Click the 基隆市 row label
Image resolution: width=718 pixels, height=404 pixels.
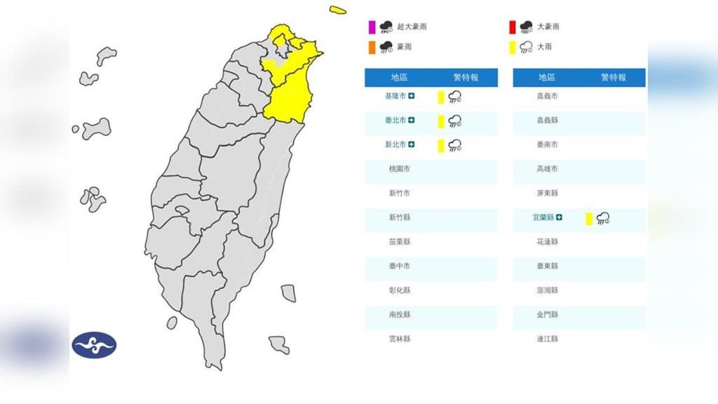[396, 96]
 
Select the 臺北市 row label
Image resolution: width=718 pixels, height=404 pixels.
[396, 121]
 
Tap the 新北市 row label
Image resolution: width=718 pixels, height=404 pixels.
[396, 144]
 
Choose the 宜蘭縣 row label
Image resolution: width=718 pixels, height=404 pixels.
[543, 217]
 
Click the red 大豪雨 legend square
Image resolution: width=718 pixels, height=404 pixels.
[513, 27]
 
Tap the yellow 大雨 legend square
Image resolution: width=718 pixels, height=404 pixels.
[513, 48]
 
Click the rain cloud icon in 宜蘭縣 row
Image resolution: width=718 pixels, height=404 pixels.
[602, 219]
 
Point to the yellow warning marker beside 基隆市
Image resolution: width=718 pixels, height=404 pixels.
[441, 97]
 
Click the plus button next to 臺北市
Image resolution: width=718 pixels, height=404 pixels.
[412, 121]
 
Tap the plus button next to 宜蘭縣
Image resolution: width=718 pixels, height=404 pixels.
[559, 217]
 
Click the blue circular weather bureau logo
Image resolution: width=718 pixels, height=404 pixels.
[94, 346]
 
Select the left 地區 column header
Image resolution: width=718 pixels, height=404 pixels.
[400, 77]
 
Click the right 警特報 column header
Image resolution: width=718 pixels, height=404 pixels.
[614, 77]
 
